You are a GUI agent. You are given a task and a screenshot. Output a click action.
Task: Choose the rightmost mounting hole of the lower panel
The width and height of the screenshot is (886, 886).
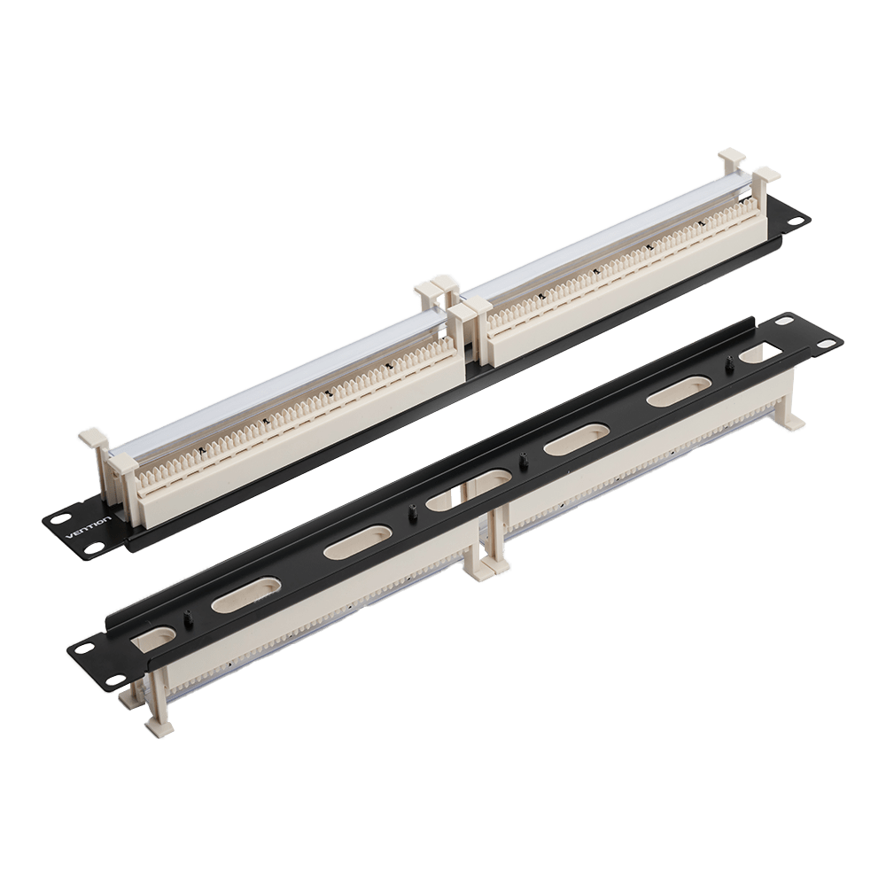(828, 344)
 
